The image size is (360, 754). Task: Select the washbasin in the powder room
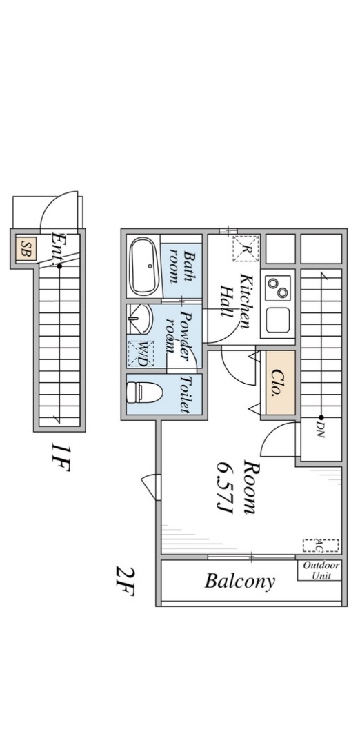click(x=141, y=319)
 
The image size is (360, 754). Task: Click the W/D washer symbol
click(x=141, y=353)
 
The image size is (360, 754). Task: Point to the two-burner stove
click(x=278, y=288)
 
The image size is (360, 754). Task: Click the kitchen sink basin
click(x=278, y=320)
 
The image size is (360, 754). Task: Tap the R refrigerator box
click(x=246, y=248)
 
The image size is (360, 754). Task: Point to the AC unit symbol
click(x=321, y=545)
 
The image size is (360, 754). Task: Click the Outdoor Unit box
click(x=320, y=571)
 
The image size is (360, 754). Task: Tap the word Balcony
click(x=240, y=581)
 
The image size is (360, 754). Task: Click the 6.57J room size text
click(x=225, y=487)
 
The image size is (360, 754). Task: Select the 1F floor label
click(x=61, y=457)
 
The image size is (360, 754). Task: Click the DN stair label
click(x=321, y=430)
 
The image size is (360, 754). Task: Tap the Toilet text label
click(x=183, y=395)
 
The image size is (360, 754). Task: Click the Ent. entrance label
click(x=59, y=247)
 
